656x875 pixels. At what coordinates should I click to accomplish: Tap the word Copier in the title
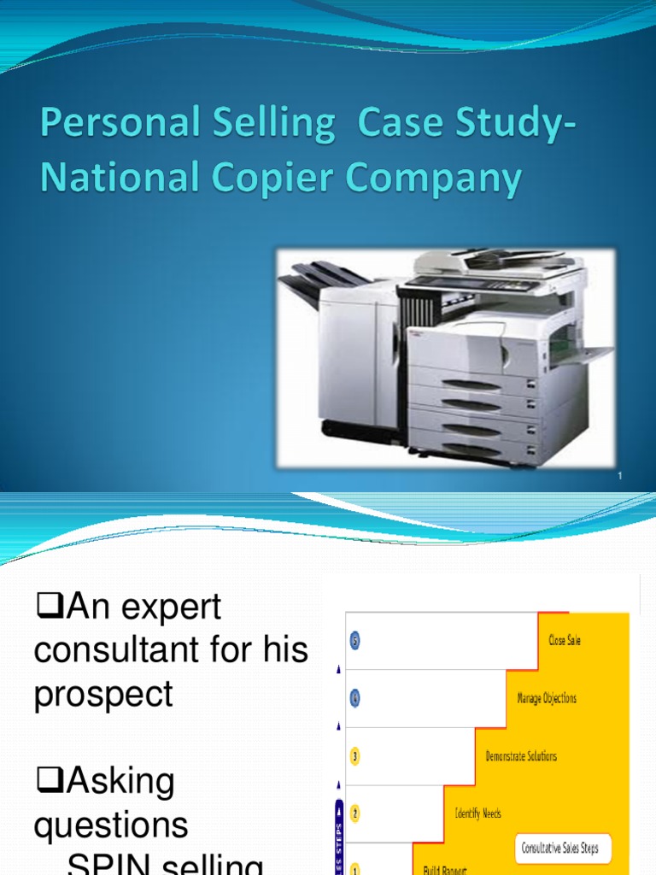click(258, 179)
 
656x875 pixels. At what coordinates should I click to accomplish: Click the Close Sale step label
click(564, 640)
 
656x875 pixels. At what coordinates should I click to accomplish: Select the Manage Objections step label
click(547, 698)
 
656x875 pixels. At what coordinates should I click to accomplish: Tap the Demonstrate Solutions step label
click(521, 756)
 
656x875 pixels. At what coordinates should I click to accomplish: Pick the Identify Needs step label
click(477, 813)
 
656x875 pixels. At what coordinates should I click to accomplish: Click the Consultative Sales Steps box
click(561, 849)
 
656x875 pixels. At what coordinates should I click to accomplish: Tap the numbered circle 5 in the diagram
click(354, 640)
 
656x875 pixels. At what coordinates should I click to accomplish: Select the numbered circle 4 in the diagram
click(354, 698)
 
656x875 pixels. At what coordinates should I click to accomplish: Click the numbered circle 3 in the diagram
click(354, 756)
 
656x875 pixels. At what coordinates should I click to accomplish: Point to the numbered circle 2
click(354, 813)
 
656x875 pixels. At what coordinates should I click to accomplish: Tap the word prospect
click(103, 694)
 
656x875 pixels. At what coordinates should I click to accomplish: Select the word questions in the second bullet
click(111, 825)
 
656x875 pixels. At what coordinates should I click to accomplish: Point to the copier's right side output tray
click(585, 353)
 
